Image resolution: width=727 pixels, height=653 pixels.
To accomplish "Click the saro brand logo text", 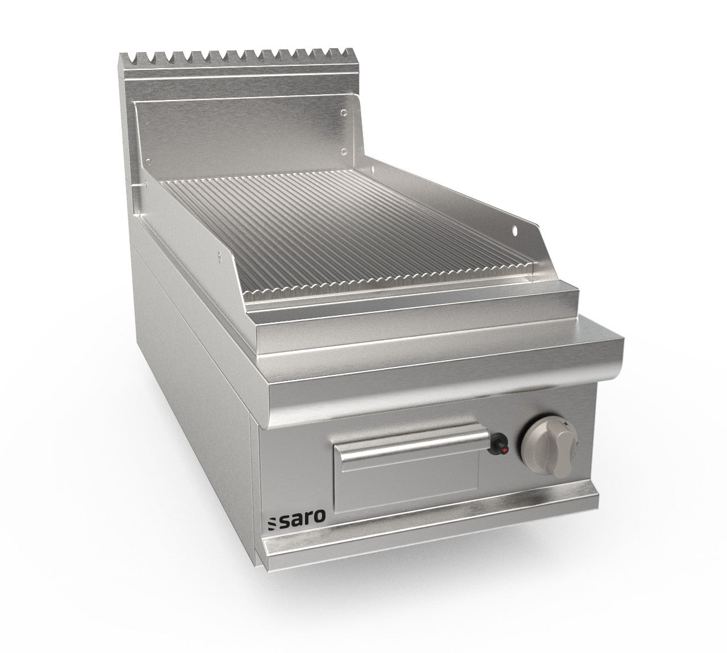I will (311, 516).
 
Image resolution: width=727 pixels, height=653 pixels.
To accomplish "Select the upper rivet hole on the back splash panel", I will (344, 114).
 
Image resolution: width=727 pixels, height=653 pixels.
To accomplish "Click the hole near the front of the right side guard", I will (516, 230).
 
